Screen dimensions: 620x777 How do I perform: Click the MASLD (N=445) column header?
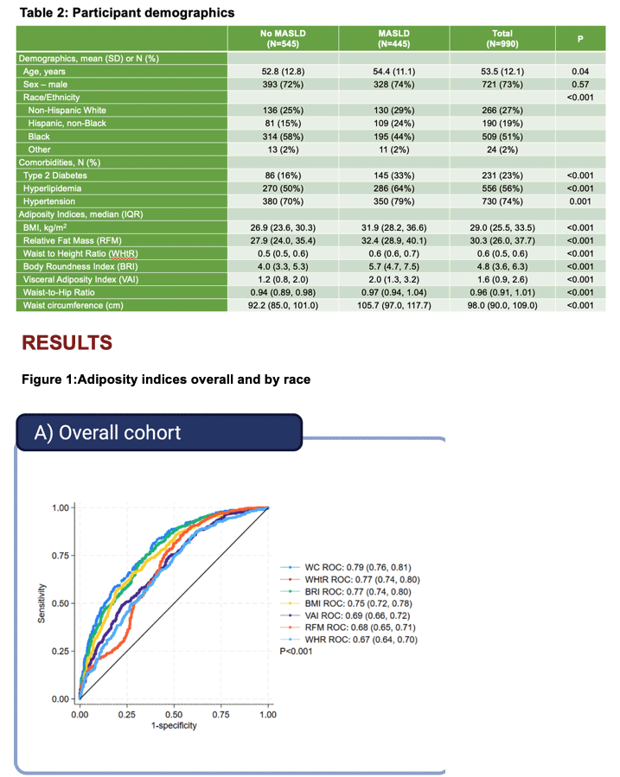coord(393,39)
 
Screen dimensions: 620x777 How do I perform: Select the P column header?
coord(580,39)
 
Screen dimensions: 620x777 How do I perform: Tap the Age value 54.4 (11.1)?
coord(394,72)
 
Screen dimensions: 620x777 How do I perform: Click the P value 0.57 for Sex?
coord(580,84)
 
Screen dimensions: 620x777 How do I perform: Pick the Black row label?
coord(39,137)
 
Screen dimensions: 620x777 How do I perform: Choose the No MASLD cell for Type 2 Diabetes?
coord(283,175)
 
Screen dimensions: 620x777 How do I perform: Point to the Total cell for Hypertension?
coord(502,201)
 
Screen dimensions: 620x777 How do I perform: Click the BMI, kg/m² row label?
coord(45,227)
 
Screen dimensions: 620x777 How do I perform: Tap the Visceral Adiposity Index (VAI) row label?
coord(80,279)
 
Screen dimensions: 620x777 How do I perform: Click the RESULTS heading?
coord(67,343)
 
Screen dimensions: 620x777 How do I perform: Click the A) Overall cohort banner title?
coord(107,433)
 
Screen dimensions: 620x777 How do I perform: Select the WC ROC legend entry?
coord(357,567)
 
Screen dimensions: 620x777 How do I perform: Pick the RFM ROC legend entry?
coord(360,627)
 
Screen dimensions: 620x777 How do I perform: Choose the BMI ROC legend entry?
coord(358,603)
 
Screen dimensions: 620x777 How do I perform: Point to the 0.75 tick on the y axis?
coord(61,556)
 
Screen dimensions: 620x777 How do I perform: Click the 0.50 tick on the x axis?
coord(174,715)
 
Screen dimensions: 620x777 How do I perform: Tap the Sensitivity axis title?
coord(42,603)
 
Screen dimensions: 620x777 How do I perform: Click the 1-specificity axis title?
coord(174,725)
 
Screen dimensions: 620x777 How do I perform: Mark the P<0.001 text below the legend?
coord(296,651)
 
